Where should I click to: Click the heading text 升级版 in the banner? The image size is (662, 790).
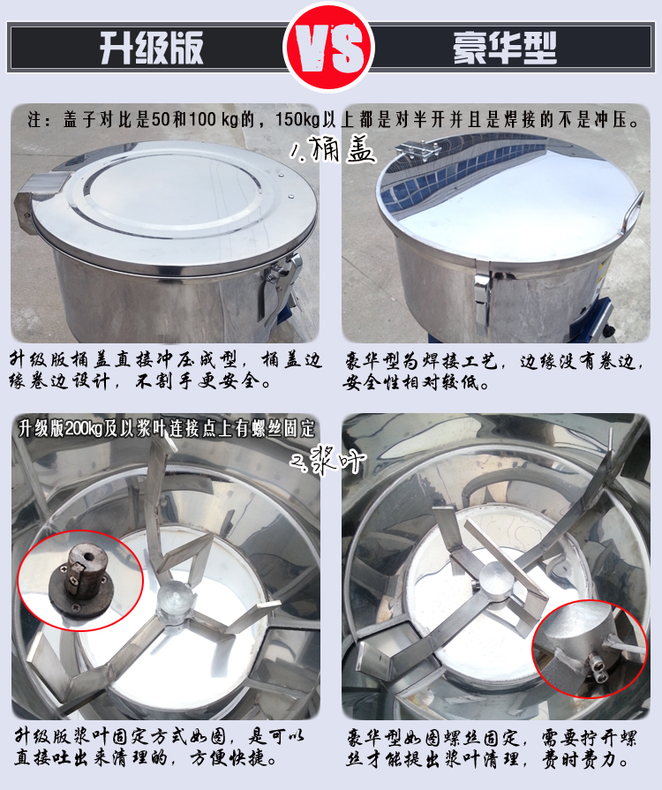(x=152, y=48)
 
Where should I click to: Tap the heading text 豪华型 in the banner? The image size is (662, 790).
(x=504, y=48)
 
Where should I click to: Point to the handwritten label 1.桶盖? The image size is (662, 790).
(x=333, y=149)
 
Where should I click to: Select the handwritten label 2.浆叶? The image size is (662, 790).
(x=328, y=458)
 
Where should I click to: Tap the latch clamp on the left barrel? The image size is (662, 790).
(x=280, y=287)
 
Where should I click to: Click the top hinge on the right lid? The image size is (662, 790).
(x=418, y=149)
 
